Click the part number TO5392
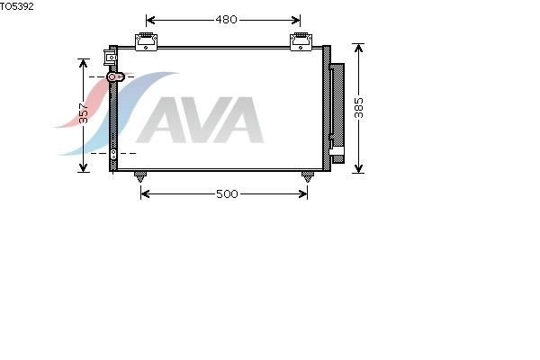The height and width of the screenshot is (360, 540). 17,6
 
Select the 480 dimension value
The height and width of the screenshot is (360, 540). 226,20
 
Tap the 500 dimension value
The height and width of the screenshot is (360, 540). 227,194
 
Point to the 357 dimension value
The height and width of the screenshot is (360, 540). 84,113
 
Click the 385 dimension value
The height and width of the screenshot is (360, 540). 359,108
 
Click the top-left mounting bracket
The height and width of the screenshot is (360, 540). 146,41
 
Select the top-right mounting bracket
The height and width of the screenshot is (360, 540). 301,41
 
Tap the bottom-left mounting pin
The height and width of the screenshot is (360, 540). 140,176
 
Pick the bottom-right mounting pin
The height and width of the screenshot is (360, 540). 308,176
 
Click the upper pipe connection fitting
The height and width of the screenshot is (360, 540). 115,76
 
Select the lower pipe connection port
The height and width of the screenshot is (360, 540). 113,154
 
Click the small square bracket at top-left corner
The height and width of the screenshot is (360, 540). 110,58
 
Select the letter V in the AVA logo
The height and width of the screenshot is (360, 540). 201,120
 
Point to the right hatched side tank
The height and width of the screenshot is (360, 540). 327,109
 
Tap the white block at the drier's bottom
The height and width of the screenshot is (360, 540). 337,151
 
